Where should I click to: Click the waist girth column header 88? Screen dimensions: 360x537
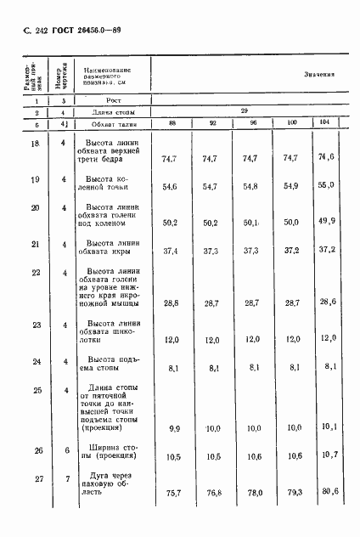pos(172,124)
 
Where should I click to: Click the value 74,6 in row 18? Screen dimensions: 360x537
pos(321,157)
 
